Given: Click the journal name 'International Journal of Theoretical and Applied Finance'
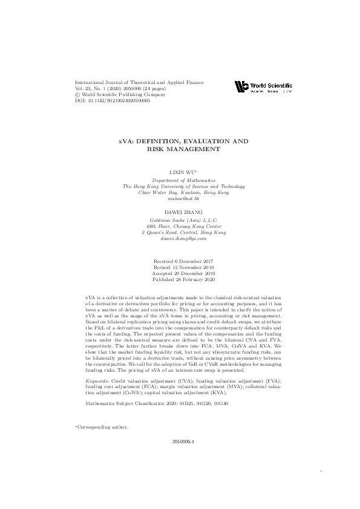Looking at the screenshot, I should tap(139, 82).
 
